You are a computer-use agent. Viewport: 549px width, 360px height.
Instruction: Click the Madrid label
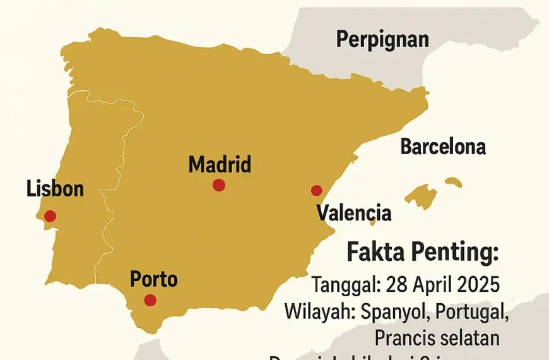click(x=220, y=165)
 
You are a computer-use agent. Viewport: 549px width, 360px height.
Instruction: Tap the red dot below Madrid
click(x=219, y=184)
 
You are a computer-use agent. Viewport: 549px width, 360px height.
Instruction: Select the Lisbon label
click(x=56, y=188)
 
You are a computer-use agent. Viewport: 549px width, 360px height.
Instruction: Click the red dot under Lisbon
click(x=50, y=216)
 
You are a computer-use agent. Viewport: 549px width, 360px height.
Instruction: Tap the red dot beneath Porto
click(x=150, y=300)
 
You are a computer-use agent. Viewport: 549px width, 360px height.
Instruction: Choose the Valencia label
click(x=353, y=213)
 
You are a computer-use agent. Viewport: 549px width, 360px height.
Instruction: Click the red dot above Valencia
click(x=317, y=190)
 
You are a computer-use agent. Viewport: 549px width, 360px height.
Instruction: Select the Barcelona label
click(x=443, y=147)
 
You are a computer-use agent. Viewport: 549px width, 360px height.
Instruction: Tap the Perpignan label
click(x=382, y=40)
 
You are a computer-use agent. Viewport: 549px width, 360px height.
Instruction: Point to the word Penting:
click(x=455, y=253)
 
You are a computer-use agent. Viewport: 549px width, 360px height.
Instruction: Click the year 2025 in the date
click(x=476, y=284)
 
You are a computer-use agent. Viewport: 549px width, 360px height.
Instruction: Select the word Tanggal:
click(x=344, y=284)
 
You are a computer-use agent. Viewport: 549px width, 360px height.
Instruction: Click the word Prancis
click(x=404, y=338)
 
